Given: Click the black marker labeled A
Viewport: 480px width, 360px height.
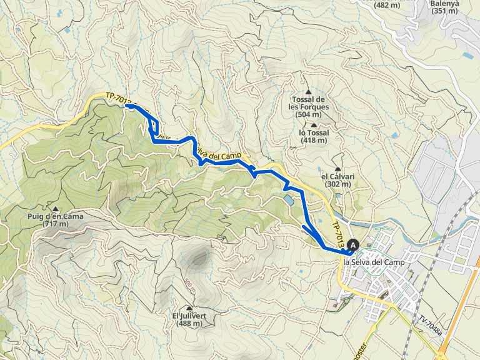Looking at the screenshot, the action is click(354, 246).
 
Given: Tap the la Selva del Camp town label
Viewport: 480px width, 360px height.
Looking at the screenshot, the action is click(374, 262).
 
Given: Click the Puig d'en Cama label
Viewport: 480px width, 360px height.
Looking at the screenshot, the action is click(55, 216).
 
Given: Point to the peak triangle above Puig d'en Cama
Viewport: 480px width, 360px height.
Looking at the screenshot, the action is click(56, 209).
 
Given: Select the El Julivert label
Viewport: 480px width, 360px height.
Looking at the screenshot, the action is click(190, 316).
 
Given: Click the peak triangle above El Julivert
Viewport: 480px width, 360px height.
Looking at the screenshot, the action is click(189, 308).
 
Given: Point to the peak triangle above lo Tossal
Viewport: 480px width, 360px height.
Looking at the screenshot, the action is click(313, 126).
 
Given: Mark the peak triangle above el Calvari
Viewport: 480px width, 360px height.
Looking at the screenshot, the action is click(338, 169).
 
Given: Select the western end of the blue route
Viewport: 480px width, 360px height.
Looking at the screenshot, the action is click(127, 106).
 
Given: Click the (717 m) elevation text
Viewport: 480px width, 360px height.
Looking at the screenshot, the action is click(55, 224).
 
